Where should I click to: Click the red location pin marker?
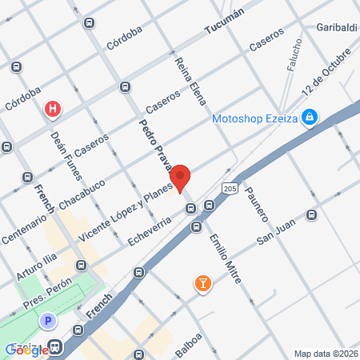coord(180,178)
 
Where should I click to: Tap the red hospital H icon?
coord(53,109)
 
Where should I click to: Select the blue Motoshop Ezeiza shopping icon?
coord(310,118)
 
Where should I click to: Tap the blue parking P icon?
coord(48,321)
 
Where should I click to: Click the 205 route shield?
coord(230,188)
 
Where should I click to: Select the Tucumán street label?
coord(224,26)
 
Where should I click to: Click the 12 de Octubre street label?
coord(326,74)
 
